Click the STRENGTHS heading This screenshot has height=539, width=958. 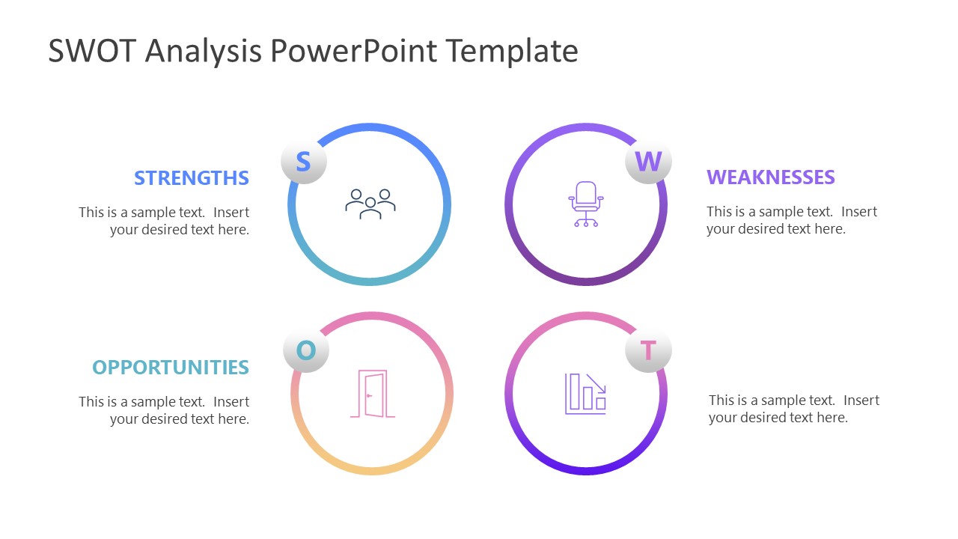coord(192,178)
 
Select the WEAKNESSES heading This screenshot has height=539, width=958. coord(770,177)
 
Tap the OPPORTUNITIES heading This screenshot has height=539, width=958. coord(171,368)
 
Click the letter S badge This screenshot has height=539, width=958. coord(303,162)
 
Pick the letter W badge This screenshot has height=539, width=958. coord(648,162)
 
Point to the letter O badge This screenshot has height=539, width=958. coord(306,350)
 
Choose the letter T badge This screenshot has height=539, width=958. coord(648,350)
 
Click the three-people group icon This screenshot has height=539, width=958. coord(370,204)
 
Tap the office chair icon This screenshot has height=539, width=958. coord(586,204)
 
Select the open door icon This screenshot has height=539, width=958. coord(372,394)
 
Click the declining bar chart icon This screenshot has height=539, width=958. coord(585,393)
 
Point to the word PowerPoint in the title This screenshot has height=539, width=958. coord(352,52)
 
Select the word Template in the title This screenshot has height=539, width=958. coord(512,52)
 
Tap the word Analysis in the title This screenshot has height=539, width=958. coord(204,52)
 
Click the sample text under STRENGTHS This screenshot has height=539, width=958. coord(165,221)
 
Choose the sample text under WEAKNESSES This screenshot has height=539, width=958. coord(791,220)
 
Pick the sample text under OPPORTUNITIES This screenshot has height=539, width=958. coord(165,410)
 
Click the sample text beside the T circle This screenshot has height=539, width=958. coord(793,409)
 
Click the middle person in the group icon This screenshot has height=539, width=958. coord(370,209)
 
